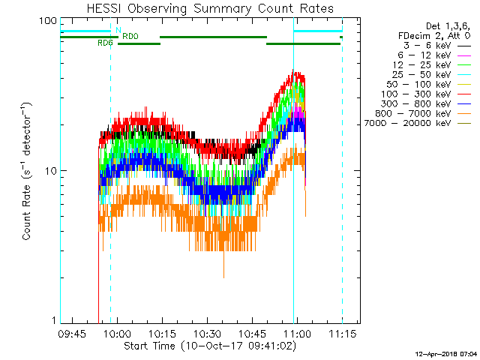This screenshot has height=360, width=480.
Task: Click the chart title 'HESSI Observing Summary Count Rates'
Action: click(210, 8)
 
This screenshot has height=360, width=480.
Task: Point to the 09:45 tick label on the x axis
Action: click(73, 333)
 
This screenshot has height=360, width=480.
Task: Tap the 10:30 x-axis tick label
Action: click(208, 333)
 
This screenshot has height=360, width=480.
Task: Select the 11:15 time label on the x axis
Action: click(343, 333)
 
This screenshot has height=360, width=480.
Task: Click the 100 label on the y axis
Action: click(48, 21)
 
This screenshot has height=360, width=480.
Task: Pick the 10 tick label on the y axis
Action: click(51, 171)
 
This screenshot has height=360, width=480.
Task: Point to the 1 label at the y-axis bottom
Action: click(54, 320)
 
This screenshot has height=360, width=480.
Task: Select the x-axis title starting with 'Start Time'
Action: click(210, 346)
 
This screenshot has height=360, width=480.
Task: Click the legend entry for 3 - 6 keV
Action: click(427, 46)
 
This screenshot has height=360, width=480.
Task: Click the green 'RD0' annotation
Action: click(130, 36)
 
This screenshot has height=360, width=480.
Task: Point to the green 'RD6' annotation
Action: click(105, 43)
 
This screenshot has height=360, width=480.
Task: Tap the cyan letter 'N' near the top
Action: click(118, 30)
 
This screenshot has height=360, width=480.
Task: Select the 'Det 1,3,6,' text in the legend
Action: click(448, 26)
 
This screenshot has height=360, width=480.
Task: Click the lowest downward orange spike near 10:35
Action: click(223, 277)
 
